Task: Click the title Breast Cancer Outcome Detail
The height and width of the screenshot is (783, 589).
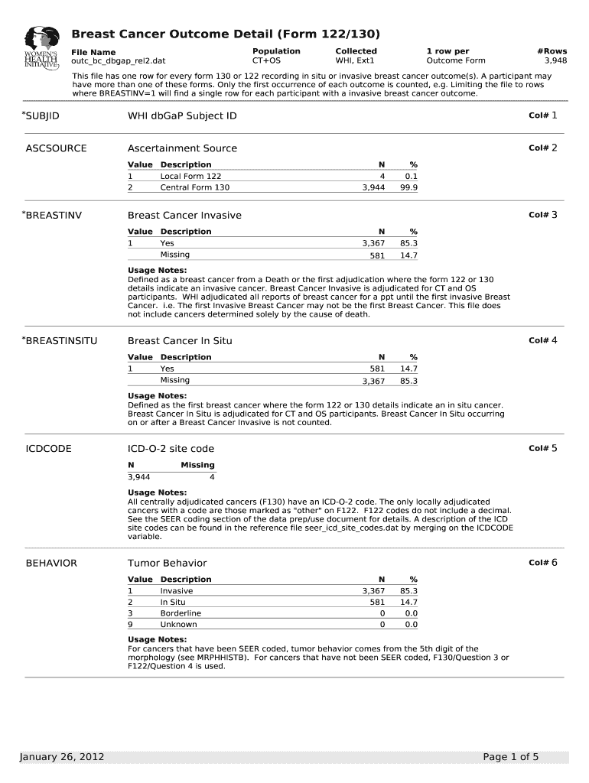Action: pyautogui.click(x=226, y=34)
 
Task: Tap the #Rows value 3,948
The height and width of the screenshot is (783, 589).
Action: pyautogui.click(x=555, y=60)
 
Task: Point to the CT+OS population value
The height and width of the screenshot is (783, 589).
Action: pyautogui.click(x=266, y=60)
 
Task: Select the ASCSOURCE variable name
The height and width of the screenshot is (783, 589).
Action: pyautogui.click(x=57, y=148)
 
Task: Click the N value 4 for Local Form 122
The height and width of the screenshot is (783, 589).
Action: pyautogui.click(x=382, y=176)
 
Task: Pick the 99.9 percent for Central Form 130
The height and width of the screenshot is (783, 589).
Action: pyautogui.click(x=408, y=187)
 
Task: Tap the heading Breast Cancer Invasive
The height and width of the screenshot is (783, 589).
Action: pyautogui.click(x=184, y=216)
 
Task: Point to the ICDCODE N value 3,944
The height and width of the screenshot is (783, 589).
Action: pyautogui.click(x=138, y=476)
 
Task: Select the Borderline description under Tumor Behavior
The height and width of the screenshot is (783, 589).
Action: pyautogui.click(x=181, y=613)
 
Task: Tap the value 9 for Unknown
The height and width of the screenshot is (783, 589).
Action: pyautogui.click(x=130, y=625)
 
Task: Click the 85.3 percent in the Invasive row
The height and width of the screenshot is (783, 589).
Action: pyautogui.click(x=408, y=591)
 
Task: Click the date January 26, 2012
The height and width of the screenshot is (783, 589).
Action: pyautogui.click(x=62, y=757)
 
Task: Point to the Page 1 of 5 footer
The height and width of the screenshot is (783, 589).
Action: pyautogui.click(x=511, y=757)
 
